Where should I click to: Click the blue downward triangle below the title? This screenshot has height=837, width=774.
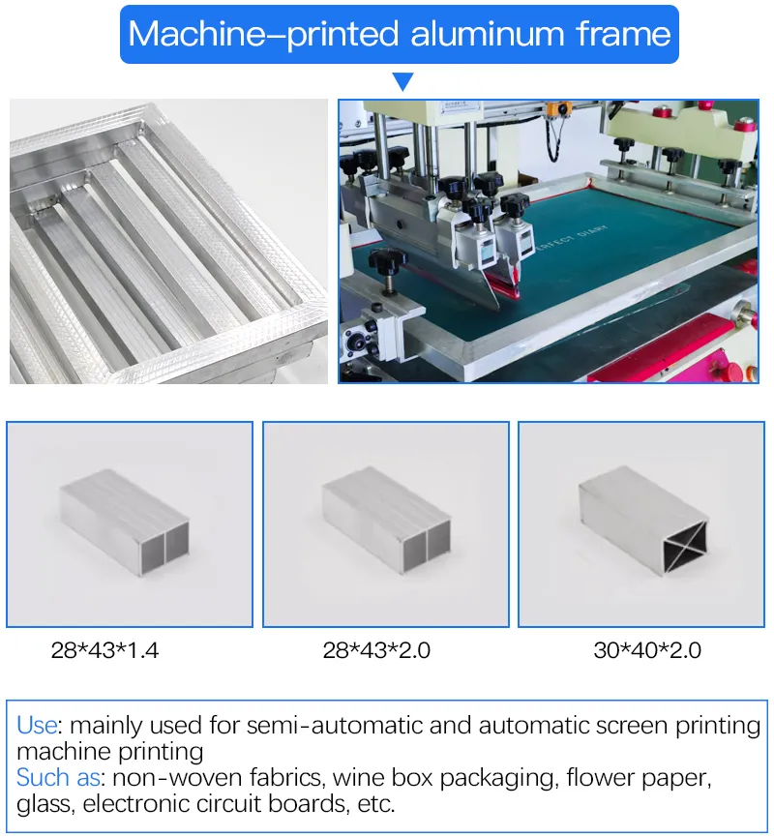pyautogui.click(x=402, y=82)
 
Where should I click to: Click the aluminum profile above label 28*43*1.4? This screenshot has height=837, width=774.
pyautogui.click(x=124, y=523)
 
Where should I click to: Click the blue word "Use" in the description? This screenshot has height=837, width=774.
pyautogui.click(x=37, y=725)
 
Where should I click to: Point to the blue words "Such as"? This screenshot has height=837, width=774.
pyautogui.click(x=56, y=777)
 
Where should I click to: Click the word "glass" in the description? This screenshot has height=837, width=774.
pyautogui.click(x=45, y=803)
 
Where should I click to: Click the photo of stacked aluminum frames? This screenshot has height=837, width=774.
pyautogui.click(x=168, y=241)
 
